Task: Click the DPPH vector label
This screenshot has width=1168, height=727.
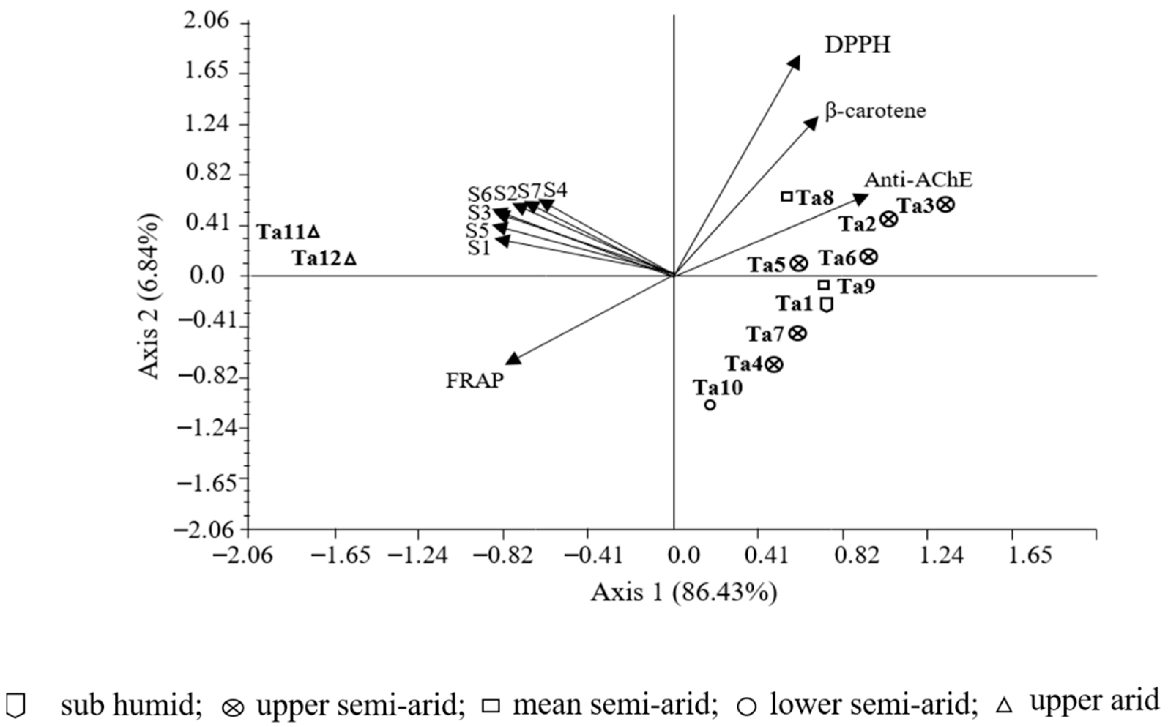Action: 858,45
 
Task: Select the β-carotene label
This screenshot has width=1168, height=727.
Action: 875,111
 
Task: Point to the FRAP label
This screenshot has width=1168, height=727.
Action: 475,381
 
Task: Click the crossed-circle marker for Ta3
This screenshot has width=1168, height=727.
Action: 946,205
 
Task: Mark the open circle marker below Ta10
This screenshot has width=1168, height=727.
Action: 710,405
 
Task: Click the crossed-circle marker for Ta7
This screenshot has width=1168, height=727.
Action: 798,333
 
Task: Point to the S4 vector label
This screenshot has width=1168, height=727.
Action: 555,190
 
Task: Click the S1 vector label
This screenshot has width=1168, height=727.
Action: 479,249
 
